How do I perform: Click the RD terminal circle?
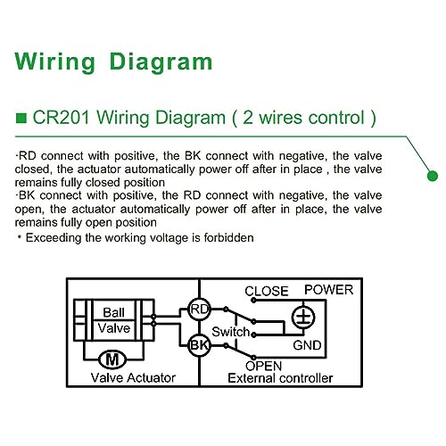coord(199,310)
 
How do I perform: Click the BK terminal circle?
coord(199,345)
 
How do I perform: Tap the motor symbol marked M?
coord(112,359)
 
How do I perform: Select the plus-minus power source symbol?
coord(303,317)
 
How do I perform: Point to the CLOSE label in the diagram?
coord(267,291)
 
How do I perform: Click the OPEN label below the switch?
coord(263,366)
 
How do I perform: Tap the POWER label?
coord(329,290)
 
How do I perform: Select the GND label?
coord(307,345)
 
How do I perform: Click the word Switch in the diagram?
coord(231,332)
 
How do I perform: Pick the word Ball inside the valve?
coord(113,312)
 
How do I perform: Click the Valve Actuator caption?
coord(133,378)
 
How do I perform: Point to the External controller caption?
coord(280,378)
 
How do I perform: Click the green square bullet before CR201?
coord(21,118)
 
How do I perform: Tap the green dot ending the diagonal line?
coord(433,176)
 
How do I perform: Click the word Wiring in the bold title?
coord(55,62)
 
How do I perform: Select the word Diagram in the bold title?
coord(161,62)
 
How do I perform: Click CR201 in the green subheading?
coord(62,118)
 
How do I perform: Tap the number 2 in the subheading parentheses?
coord(248,118)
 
